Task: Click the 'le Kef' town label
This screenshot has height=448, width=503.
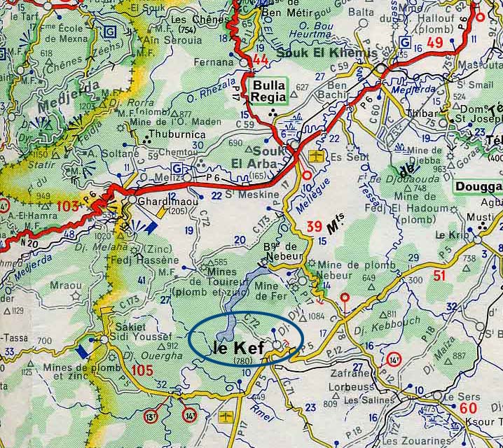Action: [x=239, y=346]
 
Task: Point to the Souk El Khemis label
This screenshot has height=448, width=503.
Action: [x=326, y=53]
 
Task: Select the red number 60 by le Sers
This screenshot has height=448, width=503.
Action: [x=469, y=408]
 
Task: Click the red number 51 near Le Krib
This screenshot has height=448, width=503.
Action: [x=439, y=276]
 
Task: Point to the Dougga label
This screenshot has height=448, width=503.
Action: [x=478, y=187]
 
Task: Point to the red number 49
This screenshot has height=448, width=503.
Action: [x=435, y=45]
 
